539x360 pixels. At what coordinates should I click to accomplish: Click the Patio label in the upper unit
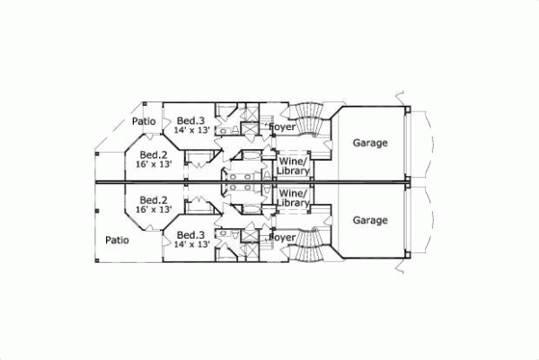click(145, 121)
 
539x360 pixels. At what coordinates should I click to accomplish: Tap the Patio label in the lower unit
click(117, 240)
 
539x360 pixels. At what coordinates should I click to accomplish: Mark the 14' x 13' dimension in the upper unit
click(191, 131)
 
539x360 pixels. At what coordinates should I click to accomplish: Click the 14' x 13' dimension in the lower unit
click(191, 244)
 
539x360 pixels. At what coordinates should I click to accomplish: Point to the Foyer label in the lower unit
click(283, 237)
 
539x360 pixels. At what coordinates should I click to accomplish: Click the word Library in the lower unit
click(294, 204)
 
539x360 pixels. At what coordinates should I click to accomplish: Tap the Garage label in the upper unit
click(370, 143)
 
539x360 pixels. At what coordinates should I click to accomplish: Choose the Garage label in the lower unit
click(370, 220)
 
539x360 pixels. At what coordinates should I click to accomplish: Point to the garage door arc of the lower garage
click(432, 222)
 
